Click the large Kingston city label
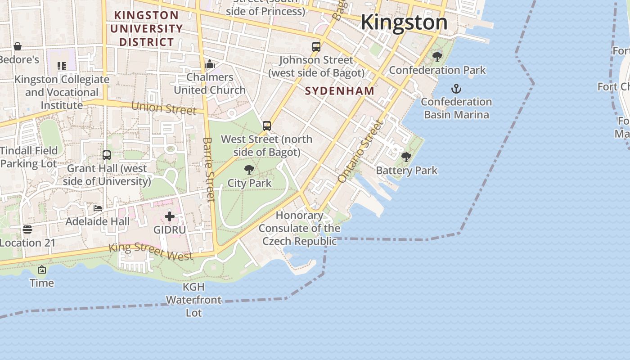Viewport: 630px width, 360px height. [404, 22]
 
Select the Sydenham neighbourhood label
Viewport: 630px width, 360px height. [340, 91]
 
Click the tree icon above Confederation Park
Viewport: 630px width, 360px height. [437, 56]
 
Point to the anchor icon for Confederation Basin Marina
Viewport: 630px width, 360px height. [456, 88]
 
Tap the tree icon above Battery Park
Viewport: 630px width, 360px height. [406, 157]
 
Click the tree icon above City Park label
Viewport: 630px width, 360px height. [249, 170]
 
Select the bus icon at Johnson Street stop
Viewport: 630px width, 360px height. [316, 46]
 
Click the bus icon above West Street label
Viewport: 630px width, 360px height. [267, 126]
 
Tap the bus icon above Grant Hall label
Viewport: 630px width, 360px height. [107, 155]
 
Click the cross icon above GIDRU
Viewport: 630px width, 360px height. [170, 216]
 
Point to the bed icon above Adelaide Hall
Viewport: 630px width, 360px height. [98, 208]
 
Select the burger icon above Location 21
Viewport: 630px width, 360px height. [27, 229]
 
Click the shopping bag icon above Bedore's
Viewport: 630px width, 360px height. [18, 46]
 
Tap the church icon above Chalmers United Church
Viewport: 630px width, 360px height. [210, 64]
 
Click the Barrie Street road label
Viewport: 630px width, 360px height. [209, 169]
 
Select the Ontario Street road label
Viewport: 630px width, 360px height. [360, 151]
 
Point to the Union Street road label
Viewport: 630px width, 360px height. [164, 108]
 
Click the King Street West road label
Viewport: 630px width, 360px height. [151, 252]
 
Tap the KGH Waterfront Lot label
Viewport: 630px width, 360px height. [194, 300]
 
